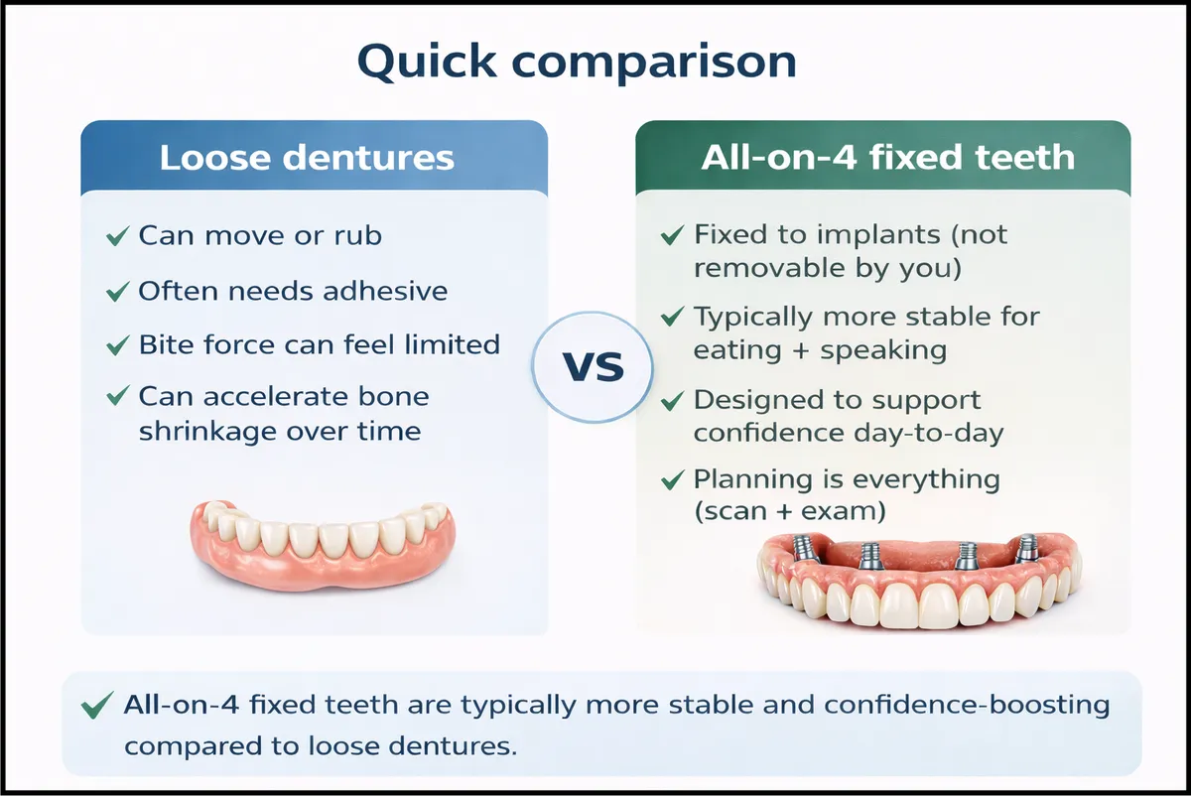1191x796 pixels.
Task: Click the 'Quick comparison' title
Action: click(577, 62)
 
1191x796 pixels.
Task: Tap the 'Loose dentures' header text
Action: click(307, 158)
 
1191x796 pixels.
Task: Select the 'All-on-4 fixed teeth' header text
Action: click(887, 158)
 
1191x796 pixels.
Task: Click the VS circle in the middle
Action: click(593, 367)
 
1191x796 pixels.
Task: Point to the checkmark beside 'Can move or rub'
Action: click(117, 235)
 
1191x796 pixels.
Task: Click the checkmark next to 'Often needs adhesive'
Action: click(117, 292)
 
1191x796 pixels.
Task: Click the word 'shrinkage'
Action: click(207, 431)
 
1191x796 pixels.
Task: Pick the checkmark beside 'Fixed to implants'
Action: click(672, 235)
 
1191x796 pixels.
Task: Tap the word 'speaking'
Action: click(883, 351)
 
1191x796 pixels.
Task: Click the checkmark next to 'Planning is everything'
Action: click(672, 479)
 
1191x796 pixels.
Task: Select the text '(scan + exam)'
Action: click(790, 511)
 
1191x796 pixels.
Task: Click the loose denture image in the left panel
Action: click(323, 545)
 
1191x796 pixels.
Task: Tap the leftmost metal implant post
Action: click(802, 548)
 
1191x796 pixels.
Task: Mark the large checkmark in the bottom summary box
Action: click(97, 705)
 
